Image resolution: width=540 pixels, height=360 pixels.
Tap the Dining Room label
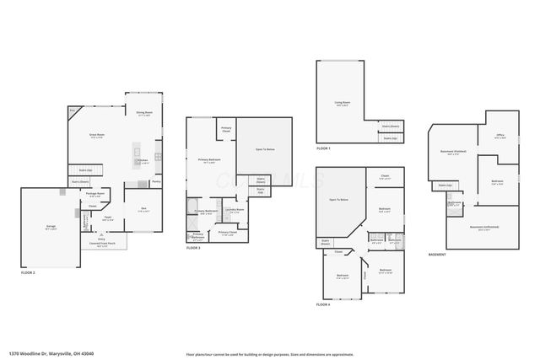point(144,112)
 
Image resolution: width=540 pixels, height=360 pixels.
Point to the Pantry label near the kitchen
point(156,181)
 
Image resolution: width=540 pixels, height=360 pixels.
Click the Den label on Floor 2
point(143,209)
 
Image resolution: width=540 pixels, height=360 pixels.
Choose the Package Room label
point(95,193)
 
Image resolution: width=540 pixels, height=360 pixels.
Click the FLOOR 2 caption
point(30,273)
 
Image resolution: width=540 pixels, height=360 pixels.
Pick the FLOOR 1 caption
point(324,148)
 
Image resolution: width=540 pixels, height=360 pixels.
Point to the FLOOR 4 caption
point(324,304)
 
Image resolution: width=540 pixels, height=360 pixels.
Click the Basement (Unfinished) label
point(483,228)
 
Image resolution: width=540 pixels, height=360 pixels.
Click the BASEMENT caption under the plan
point(437,254)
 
